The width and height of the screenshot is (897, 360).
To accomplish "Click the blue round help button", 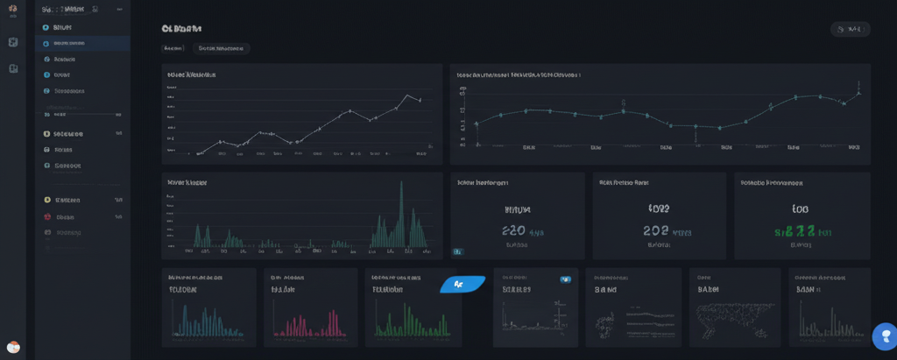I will pos(885,336).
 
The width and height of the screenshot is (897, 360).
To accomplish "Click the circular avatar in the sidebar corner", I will pos(13,347).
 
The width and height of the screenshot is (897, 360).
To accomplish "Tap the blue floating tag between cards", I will pos(462,284).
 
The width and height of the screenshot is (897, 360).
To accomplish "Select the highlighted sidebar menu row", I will pos(82,43).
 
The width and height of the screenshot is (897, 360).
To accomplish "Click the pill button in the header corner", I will pos(850,30).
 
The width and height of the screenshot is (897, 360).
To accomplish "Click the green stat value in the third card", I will pos(799,231).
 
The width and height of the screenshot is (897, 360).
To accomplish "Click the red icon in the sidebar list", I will pos(46,200).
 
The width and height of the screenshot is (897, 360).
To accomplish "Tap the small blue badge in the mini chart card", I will pos(565,279).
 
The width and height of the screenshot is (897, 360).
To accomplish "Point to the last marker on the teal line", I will pos(859,93).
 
